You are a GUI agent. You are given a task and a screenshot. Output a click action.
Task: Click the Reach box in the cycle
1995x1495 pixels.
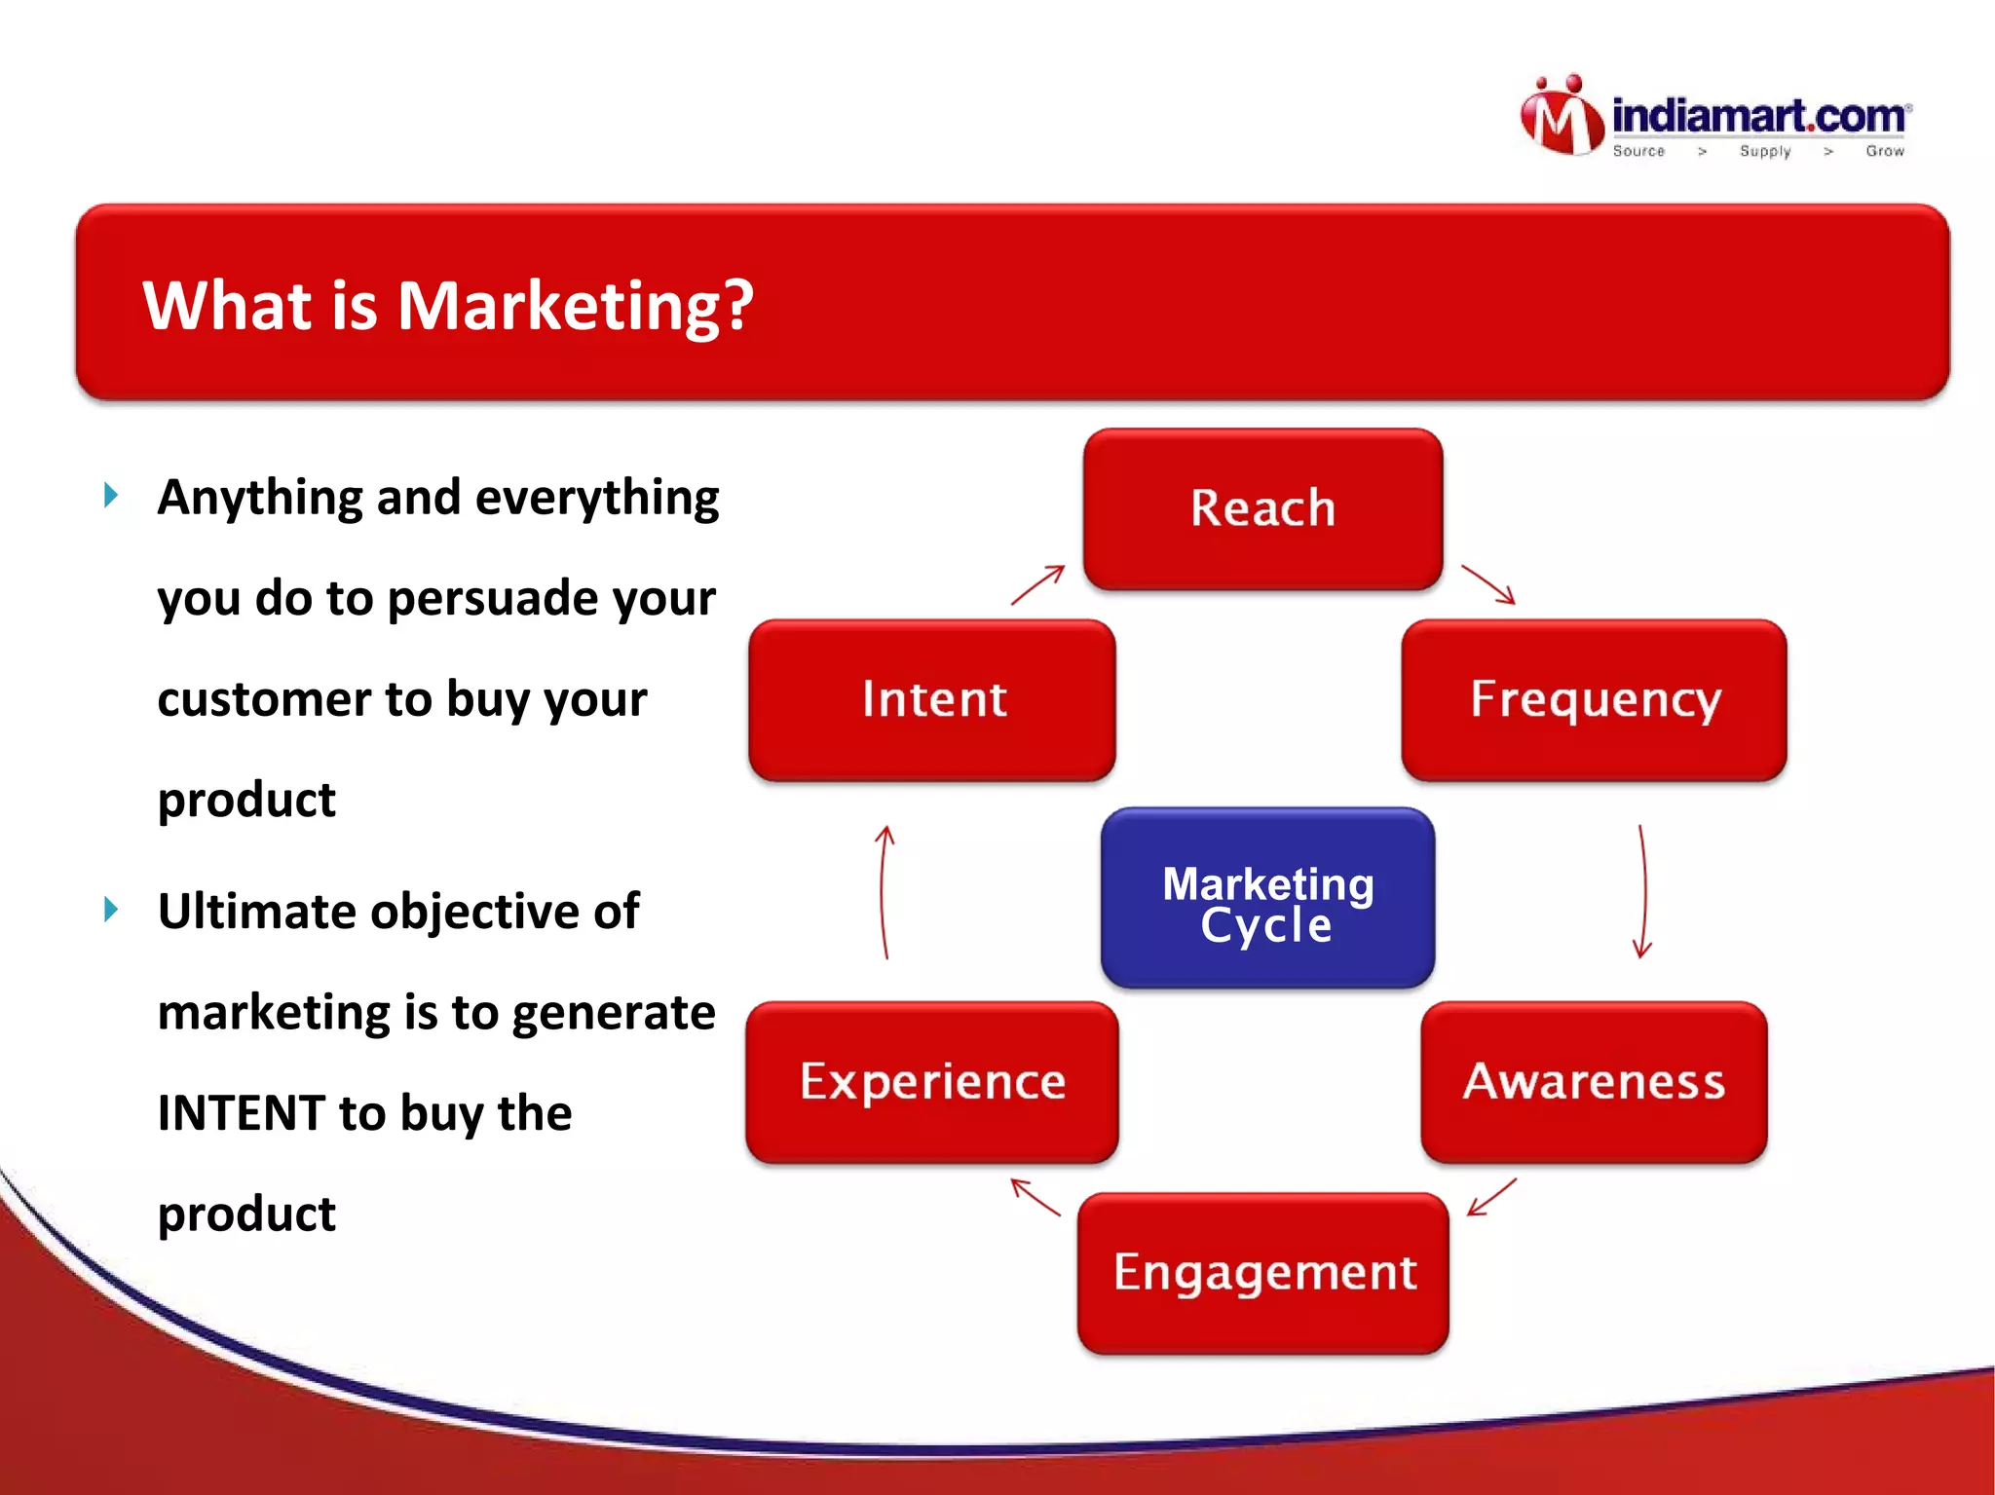pyautogui.click(x=1262, y=508)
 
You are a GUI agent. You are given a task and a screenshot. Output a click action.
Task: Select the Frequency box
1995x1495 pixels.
pyautogui.click(x=1594, y=699)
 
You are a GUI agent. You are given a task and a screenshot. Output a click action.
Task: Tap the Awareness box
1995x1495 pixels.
pyautogui.click(x=1594, y=1081)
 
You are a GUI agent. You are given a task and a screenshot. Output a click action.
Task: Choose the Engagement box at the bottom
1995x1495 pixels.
pyautogui.click(x=1263, y=1272)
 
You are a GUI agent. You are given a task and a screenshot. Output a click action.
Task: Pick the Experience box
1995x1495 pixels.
pyautogui.click(x=932, y=1081)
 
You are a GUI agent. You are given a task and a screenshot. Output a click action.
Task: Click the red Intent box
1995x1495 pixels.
pyautogui.click(x=932, y=699)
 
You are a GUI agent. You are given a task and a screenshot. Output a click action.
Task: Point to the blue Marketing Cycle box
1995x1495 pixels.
pyautogui.click(x=1267, y=898)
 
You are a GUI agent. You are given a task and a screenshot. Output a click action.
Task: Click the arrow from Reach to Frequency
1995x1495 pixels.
pyautogui.click(x=1488, y=584)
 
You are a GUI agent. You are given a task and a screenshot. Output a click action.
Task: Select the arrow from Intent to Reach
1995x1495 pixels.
pyautogui.click(x=1037, y=584)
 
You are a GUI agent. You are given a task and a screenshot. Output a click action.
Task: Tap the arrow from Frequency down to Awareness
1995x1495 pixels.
pyautogui.click(x=1643, y=891)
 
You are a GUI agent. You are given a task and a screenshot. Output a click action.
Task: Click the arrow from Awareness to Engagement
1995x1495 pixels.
pyautogui.click(x=1491, y=1197)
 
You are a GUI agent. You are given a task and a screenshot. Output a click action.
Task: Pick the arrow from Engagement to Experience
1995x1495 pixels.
pyautogui.click(x=1035, y=1197)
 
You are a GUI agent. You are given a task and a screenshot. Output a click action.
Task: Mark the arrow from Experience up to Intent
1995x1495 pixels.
pyautogui.click(x=884, y=891)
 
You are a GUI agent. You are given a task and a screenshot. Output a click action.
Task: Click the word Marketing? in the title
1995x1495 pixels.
pyautogui.click(x=575, y=306)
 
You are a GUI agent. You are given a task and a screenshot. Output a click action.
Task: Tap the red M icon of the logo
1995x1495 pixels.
pyautogui.click(x=1561, y=117)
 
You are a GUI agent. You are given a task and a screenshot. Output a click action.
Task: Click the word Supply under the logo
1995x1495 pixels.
pyautogui.click(x=1765, y=151)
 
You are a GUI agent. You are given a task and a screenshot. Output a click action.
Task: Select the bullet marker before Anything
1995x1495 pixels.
pyautogui.click(x=111, y=496)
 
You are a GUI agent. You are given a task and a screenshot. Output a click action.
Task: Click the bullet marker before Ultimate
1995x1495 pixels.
pyautogui.click(x=111, y=910)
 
